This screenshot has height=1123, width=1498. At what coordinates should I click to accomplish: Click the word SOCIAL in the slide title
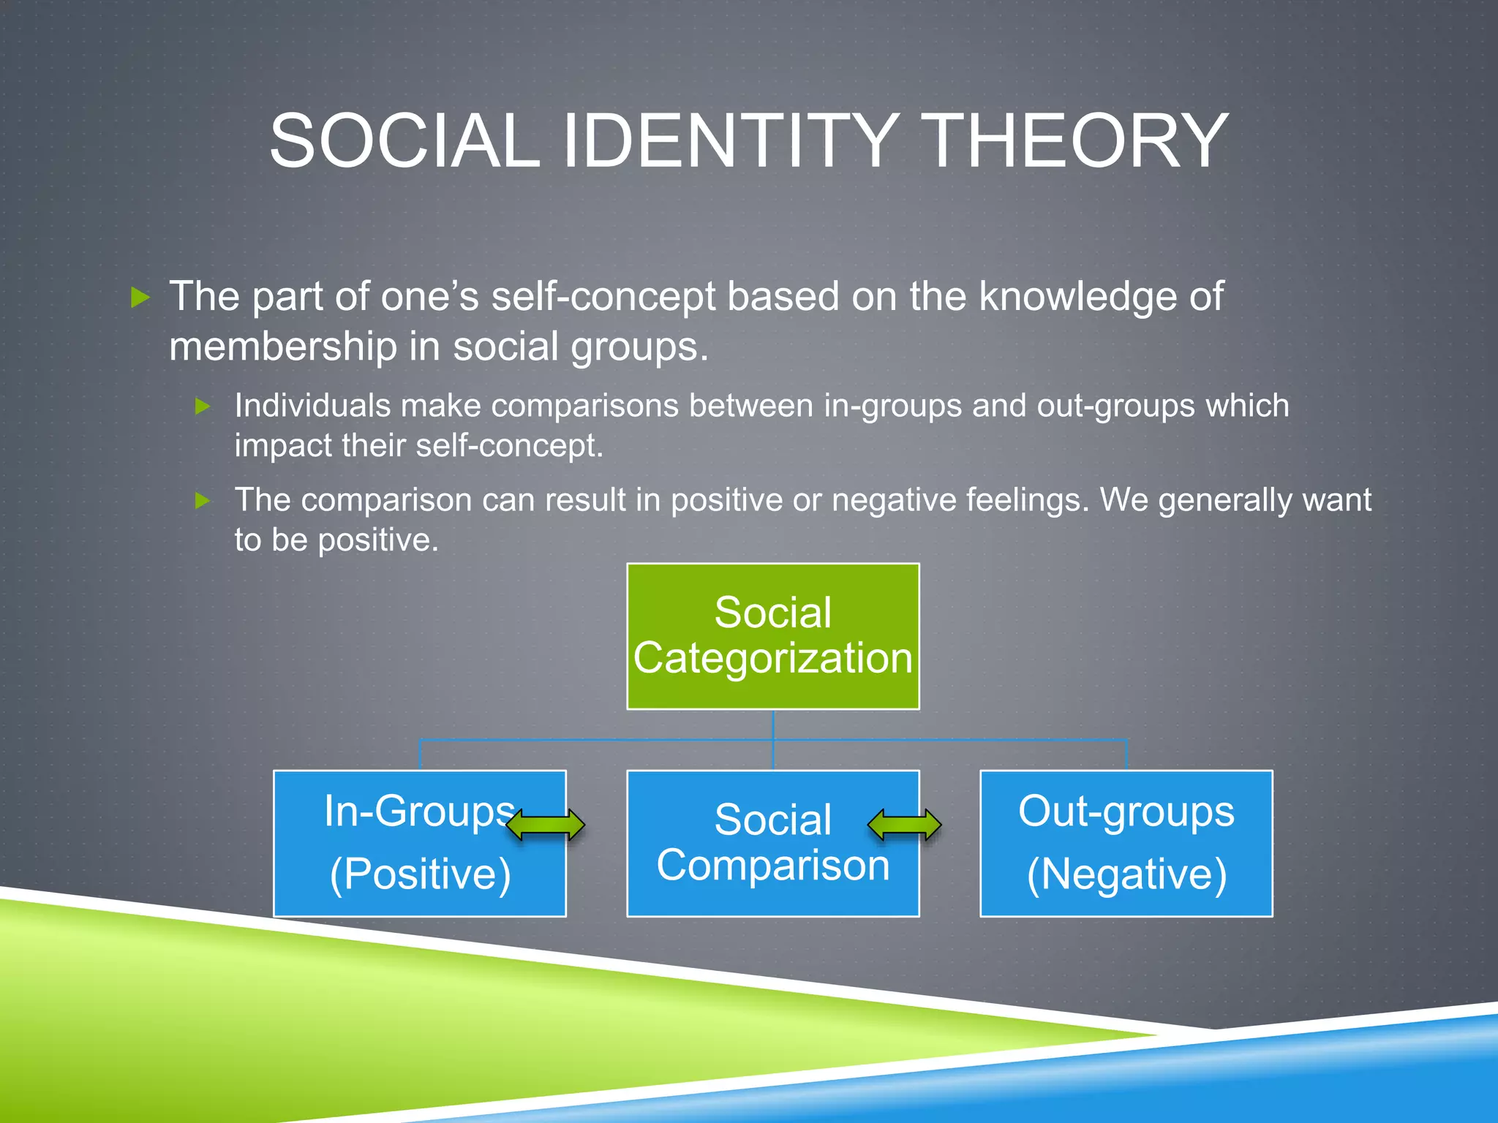pos(404,140)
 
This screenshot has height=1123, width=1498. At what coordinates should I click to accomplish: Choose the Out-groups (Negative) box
pos(1126,842)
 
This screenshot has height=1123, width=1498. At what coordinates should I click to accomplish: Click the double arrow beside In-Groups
pos(546,825)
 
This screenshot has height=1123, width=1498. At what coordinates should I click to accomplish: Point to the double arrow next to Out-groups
pos(904,825)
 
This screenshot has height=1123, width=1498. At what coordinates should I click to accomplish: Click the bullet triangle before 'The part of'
pos(140,297)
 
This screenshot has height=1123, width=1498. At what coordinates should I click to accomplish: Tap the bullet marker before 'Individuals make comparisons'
pos(203,407)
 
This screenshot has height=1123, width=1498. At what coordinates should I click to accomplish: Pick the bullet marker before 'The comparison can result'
pos(203,501)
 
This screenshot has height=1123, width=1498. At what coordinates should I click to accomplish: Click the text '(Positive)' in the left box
pos(420,874)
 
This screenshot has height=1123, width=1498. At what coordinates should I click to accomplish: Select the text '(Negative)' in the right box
pos(1126,874)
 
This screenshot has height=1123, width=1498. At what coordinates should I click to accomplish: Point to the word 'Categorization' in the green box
pos(772,658)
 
